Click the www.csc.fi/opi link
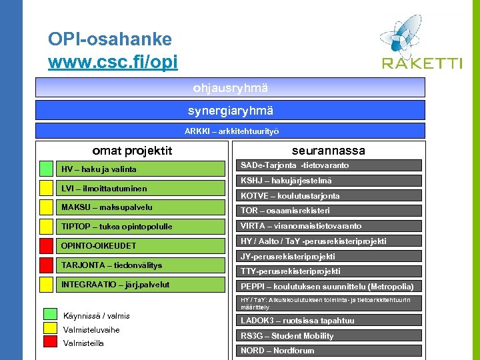click(x=113, y=63)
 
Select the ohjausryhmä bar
click(x=230, y=87)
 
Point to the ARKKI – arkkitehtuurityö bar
click(x=230, y=131)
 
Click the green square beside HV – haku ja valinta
click(x=45, y=169)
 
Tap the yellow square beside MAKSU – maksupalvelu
click(x=45, y=207)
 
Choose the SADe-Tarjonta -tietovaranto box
click(x=331, y=165)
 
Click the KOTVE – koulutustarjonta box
click(x=331, y=196)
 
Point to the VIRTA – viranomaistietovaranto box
click(x=331, y=226)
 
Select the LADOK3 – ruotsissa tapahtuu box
click(x=331, y=321)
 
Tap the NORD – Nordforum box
click(x=331, y=351)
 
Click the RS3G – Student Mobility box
click(x=331, y=336)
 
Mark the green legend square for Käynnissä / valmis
click(x=50, y=315)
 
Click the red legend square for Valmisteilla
click(x=50, y=343)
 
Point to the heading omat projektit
click(x=132, y=151)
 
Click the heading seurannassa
click(x=329, y=151)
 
